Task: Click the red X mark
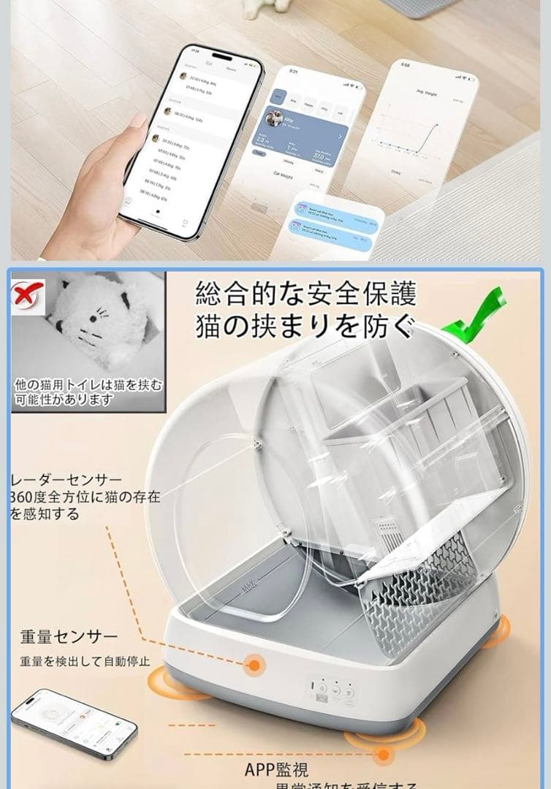(x=27, y=295)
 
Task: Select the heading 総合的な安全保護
(x=305, y=294)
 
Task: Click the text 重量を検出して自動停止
(x=85, y=663)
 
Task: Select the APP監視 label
(x=276, y=769)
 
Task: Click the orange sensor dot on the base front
(x=254, y=666)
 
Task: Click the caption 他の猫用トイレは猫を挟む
(x=88, y=385)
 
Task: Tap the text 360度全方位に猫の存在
(x=86, y=498)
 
